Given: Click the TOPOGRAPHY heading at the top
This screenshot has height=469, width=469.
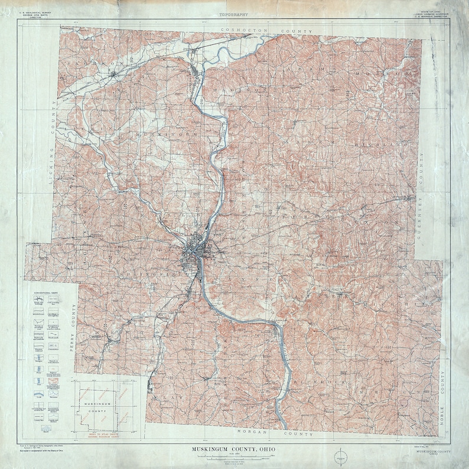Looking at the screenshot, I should click(x=233, y=14).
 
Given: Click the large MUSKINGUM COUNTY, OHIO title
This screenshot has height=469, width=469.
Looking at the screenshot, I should click(x=233, y=450).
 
